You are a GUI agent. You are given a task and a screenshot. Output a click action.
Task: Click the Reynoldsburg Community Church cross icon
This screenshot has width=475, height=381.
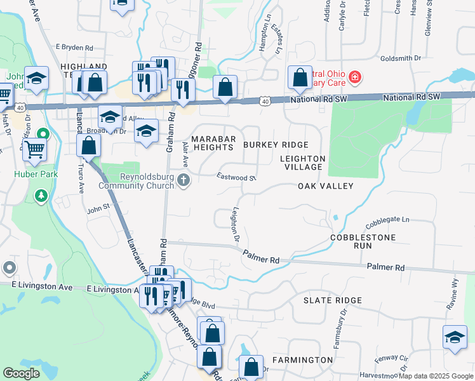184,180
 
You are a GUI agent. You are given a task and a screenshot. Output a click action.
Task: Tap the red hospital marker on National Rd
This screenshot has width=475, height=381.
355,78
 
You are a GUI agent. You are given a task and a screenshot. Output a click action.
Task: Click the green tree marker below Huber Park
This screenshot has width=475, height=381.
41,194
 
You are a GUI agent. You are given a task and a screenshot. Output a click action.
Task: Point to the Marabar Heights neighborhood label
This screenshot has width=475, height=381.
213,143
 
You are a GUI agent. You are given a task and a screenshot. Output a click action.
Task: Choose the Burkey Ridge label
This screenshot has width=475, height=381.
276,145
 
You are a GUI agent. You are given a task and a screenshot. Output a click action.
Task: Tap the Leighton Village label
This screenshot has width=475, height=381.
303,163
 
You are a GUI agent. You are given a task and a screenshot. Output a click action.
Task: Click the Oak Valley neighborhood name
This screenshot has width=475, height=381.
325,186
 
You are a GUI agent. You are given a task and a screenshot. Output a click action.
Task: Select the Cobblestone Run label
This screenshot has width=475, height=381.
363,241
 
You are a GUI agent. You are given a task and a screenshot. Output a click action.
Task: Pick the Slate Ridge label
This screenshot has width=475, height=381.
332,300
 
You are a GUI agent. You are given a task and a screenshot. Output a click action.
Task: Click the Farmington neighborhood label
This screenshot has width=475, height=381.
302,360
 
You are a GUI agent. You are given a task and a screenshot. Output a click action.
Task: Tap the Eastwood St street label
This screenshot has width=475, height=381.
236,177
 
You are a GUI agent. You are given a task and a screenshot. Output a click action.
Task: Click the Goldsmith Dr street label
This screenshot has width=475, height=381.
401,58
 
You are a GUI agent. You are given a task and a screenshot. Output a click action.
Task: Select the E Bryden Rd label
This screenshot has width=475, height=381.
74,48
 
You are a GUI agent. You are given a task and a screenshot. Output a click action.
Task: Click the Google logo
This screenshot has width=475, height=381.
22,373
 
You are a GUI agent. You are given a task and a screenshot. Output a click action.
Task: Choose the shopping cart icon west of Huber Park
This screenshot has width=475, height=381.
34,150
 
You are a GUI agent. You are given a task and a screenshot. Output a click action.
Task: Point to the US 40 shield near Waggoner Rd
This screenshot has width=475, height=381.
265,101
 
